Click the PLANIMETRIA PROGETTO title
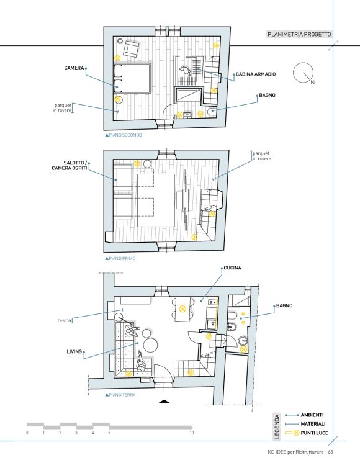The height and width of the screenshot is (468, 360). [299, 34]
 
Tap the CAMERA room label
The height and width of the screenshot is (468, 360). [74, 68]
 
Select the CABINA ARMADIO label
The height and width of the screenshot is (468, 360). [256, 74]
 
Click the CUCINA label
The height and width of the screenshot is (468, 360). [232, 268]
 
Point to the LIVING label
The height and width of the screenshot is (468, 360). [74, 351]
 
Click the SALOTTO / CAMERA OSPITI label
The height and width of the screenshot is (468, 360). [70, 165]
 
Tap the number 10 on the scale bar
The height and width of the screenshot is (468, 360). [191, 433]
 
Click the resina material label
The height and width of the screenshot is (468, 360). [64, 320]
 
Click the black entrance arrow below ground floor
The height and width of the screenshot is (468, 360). [164, 401]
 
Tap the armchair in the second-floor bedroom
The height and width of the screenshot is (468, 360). [132, 48]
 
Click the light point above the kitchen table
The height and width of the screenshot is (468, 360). [182, 308]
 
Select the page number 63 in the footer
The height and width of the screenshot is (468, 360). [330, 452]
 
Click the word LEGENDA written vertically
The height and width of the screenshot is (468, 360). [277, 426]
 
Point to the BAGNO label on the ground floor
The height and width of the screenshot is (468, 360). [284, 305]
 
